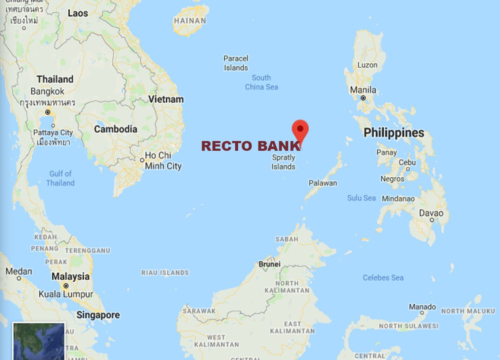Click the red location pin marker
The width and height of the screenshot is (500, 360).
[300, 129]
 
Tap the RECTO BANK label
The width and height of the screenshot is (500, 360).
[251, 146]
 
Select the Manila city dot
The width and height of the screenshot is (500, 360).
[363, 98]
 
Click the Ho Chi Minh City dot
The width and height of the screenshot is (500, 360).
[142, 160]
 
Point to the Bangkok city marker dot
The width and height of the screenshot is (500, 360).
[48, 112]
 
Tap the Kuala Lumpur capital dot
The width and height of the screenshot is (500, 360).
[66, 286]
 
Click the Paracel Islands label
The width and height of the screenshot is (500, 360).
[236, 63]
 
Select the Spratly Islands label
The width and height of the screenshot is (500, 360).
[283, 162]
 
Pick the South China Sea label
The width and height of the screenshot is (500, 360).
[261, 82]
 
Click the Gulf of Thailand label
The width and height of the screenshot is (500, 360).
[60, 178]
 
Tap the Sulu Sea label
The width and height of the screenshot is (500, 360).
[361, 198]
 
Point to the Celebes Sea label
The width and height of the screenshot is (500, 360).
[383, 278]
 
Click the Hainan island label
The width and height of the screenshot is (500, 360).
[190, 20]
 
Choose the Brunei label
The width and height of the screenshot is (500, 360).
[269, 264]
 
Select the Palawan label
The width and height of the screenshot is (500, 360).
[323, 183]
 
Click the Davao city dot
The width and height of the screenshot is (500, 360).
[432, 220]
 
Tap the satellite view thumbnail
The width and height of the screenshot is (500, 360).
[39, 341]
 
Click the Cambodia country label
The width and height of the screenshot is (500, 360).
[116, 129]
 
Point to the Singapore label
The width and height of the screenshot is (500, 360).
[98, 315]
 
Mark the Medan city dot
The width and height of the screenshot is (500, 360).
[19, 278]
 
